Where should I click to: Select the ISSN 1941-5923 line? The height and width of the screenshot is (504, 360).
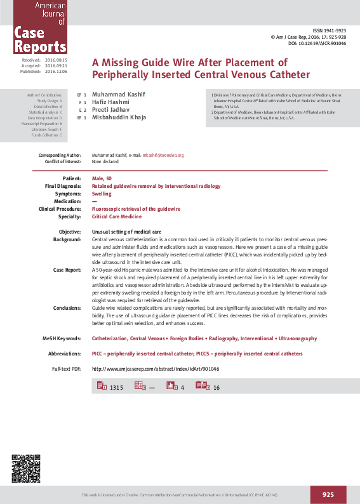pyautogui.click(x=330, y=30)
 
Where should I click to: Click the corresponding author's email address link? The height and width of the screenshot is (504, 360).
pyautogui.click(x=163, y=155)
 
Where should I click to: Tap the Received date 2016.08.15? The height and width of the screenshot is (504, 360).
pyautogui.click(x=56, y=60)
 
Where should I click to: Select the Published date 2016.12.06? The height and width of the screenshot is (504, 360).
pyautogui.click(x=56, y=72)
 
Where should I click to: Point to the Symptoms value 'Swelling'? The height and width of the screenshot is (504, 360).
pyautogui.click(x=102, y=194)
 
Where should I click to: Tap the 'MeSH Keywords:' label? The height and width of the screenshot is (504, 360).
pyautogui.click(x=63, y=339)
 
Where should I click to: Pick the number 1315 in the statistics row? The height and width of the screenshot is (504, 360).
pyautogui.click(x=116, y=387)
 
